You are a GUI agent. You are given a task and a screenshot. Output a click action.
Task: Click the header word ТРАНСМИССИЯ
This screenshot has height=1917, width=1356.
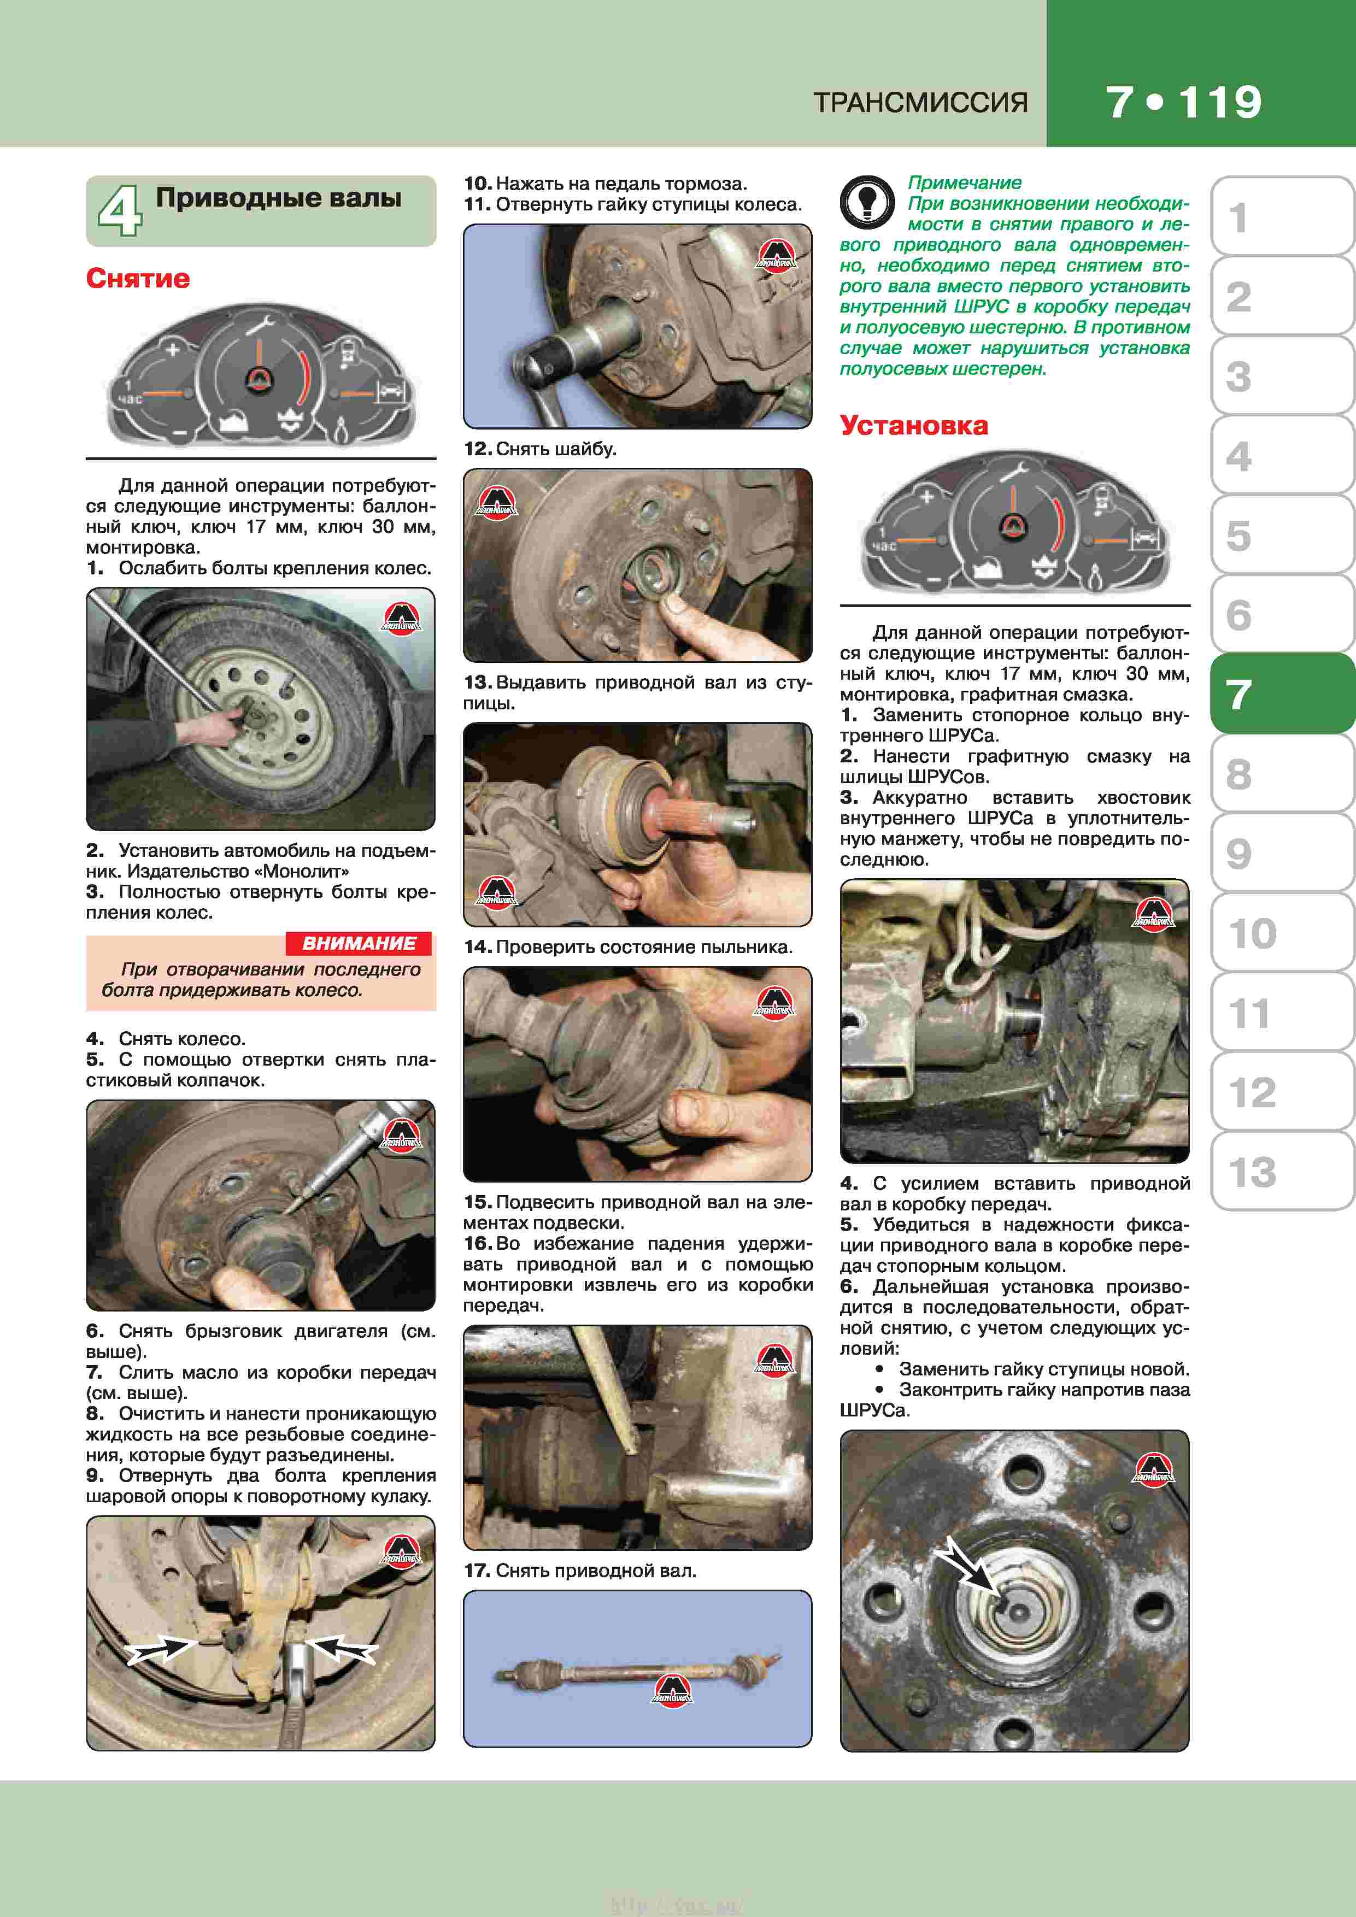click(920, 103)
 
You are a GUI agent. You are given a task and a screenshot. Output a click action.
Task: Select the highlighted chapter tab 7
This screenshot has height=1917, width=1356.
click(1282, 694)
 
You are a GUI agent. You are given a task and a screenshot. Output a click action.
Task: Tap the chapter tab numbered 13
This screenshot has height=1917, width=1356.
click(1282, 1172)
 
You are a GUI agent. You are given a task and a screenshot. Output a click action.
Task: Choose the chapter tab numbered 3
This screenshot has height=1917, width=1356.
click(1282, 376)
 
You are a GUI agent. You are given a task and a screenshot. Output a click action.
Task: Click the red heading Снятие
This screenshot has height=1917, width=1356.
click(138, 278)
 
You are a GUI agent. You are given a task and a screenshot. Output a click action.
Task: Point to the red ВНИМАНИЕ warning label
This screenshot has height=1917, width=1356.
click(359, 943)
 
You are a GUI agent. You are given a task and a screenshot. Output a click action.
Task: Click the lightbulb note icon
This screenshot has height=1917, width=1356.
click(867, 202)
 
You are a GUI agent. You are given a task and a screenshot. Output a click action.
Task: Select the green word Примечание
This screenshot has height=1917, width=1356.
click(965, 183)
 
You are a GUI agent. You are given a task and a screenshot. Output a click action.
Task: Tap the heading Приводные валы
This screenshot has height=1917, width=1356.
click(279, 198)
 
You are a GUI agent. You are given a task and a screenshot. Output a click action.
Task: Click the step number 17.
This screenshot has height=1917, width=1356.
click(476, 1571)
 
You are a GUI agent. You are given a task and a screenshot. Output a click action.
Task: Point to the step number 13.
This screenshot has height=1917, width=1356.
click(476, 682)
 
